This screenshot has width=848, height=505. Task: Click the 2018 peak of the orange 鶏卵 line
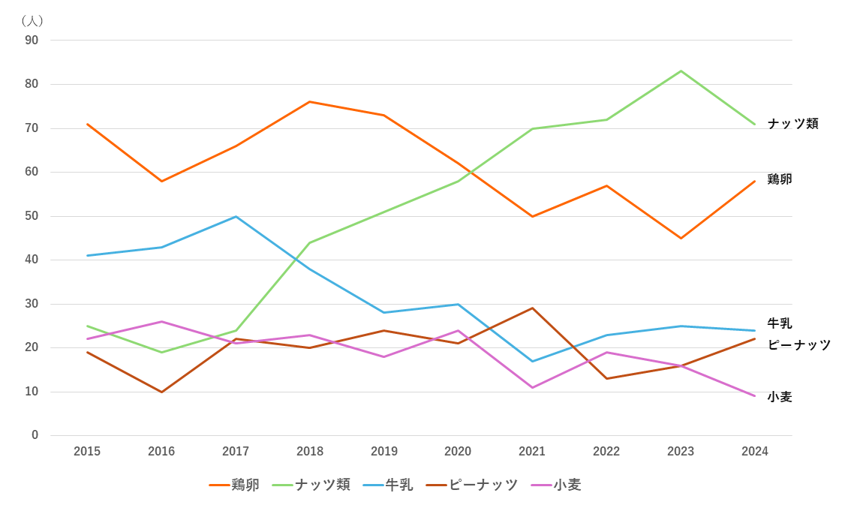310,101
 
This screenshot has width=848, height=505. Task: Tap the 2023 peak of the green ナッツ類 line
681,71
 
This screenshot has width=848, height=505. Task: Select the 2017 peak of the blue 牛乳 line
236,216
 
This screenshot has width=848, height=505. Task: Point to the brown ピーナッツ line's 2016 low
161,392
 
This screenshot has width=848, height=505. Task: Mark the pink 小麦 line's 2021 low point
533,387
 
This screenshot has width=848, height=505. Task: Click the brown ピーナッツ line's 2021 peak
533,308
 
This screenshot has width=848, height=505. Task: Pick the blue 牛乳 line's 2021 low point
533,361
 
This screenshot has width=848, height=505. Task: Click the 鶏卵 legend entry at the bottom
234,485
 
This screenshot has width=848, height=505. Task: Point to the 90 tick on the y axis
32,40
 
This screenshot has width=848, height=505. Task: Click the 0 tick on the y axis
35,435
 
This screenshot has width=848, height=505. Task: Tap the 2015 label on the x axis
87,451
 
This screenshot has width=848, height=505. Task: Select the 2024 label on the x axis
755,451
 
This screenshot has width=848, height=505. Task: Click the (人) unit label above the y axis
32,20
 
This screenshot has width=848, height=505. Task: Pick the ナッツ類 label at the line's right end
792,124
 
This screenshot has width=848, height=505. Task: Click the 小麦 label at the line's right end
780,397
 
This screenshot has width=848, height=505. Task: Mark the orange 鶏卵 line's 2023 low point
681,238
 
